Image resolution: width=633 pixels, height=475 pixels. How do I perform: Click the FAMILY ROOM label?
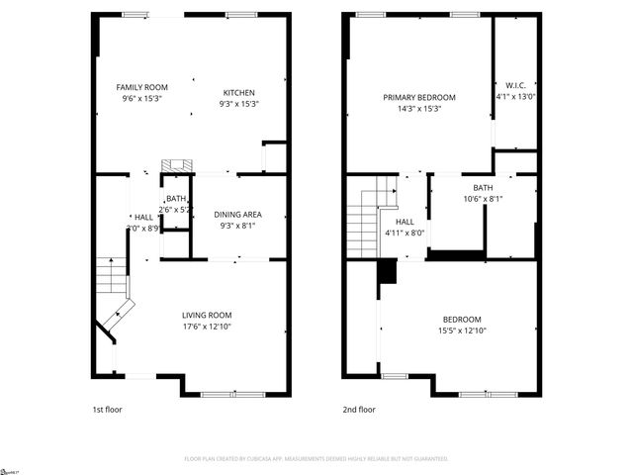click(141, 87)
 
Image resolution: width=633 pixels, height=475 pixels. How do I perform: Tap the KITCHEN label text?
click(238, 92)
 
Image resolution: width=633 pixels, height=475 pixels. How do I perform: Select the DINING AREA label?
click(237, 215)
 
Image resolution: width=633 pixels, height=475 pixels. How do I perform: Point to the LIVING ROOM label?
click(207, 315)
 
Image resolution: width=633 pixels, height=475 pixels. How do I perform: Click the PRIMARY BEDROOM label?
click(419, 97)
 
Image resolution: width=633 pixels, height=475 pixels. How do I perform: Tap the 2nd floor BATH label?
click(483, 188)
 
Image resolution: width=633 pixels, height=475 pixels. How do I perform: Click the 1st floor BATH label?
click(176, 199)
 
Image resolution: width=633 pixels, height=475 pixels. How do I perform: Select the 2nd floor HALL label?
click(405, 222)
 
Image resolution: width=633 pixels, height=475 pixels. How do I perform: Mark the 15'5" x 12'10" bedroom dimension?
click(462, 331)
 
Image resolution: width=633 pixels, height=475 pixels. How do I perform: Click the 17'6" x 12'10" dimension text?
click(207, 327)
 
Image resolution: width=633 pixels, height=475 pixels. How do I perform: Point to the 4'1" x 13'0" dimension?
click(514, 97)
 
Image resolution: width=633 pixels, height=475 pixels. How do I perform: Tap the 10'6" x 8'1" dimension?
click(483, 199)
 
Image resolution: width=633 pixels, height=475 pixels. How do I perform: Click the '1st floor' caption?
click(106, 409)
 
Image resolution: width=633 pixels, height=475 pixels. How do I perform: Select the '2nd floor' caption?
click(359, 409)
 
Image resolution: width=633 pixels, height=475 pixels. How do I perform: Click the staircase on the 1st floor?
click(113, 287)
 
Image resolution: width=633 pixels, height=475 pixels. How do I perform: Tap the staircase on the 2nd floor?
click(362, 223)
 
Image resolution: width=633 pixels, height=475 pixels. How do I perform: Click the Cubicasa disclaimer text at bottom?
click(316, 459)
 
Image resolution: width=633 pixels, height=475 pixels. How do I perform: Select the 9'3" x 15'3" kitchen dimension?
click(238, 103)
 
